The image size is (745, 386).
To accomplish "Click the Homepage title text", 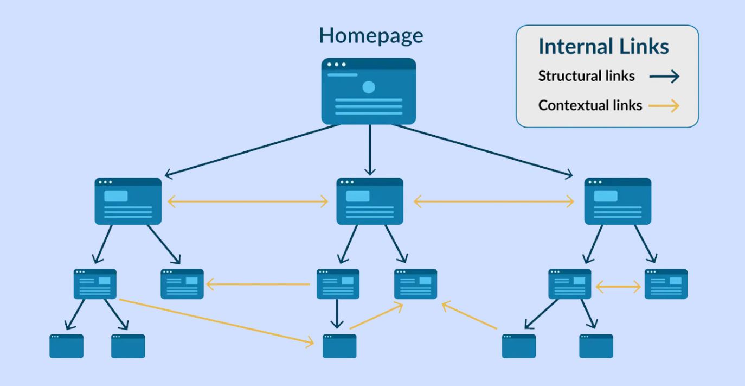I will tap(371, 36).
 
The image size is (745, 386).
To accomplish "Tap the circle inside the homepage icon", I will tap(369, 86).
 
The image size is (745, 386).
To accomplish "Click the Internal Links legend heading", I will tap(603, 47).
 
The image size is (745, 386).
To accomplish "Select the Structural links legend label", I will tap(586, 76).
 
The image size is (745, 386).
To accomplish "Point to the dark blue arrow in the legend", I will tap(664, 77).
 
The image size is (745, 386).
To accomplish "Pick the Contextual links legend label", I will tap(590, 105).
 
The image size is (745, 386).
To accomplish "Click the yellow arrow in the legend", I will tap(664, 106).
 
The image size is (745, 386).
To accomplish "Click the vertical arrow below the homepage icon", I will tap(370, 149).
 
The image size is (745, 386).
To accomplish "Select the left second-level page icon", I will tap(129, 201).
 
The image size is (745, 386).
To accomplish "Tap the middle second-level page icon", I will tap(370, 201).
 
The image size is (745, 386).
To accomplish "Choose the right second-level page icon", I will tap(618, 201).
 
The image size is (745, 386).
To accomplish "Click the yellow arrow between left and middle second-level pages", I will tap(248, 202).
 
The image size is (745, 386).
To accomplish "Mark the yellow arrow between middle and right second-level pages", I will tap(493, 202).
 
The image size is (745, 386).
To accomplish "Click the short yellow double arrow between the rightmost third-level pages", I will tap(618, 287).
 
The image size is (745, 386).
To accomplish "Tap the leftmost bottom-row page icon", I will tap(66, 346).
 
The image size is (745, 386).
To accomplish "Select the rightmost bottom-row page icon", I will tap(596, 346).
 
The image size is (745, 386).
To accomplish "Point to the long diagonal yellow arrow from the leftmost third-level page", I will tap(217, 321).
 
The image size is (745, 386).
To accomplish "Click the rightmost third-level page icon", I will tap(666, 284).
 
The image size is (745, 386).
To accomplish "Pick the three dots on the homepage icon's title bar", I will tap(336, 65).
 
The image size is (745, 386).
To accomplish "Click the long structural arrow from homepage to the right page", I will tap(483, 150).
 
